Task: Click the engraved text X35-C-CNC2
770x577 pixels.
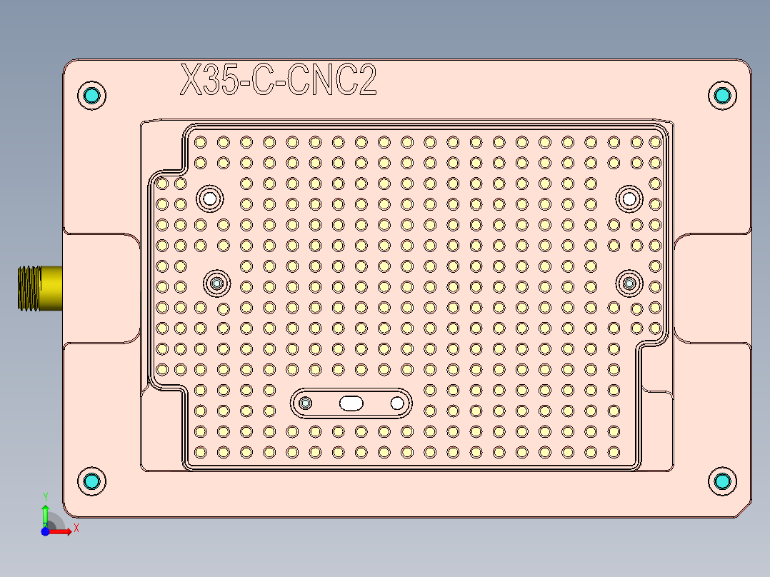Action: [x=278, y=80]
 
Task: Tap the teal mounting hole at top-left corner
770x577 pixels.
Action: [x=92, y=96]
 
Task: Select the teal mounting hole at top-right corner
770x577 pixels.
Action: [x=722, y=96]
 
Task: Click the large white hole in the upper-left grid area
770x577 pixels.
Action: [x=210, y=197]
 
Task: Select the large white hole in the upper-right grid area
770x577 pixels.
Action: [x=629, y=197]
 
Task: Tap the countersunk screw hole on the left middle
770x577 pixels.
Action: [x=217, y=284]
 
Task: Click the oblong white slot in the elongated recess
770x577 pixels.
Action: [x=351, y=403]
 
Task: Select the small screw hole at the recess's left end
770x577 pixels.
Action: [x=306, y=403]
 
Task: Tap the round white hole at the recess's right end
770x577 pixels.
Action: [x=397, y=403]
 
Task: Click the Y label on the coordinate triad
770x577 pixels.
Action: [x=46, y=496]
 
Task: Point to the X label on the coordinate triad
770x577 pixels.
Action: [x=76, y=528]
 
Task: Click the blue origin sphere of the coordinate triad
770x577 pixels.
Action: [x=45, y=531]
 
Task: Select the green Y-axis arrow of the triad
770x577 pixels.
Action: [x=45, y=514]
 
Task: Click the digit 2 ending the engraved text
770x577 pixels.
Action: [x=366, y=80]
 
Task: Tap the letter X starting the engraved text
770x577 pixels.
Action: [x=191, y=80]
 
